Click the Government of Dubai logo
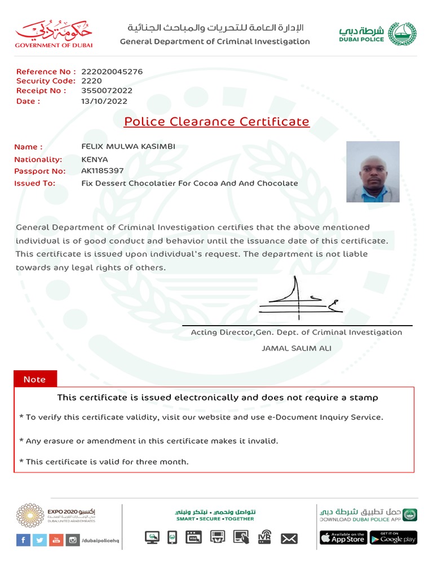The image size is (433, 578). tap(54, 34)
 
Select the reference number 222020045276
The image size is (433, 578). tap(112, 72)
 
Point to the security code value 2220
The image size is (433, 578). tap(91, 81)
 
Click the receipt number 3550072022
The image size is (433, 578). tap(107, 90)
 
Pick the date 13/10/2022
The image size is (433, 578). tap(104, 102)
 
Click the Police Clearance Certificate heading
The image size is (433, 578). tap(216, 122)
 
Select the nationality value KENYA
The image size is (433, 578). tap(95, 159)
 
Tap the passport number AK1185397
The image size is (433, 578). tap(103, 171)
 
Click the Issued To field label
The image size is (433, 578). tap(35, 183)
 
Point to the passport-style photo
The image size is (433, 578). tap(373, 172)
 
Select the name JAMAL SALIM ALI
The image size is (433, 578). tap(297, 348)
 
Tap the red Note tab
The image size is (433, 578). tap(34, 379)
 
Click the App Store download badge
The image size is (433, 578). tap(343, 538)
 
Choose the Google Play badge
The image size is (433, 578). tap(394, 538)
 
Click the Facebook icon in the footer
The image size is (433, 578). tap(23, 540)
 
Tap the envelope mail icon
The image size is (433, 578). tap(289, 538)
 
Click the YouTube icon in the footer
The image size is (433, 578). tap(56, 540)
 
